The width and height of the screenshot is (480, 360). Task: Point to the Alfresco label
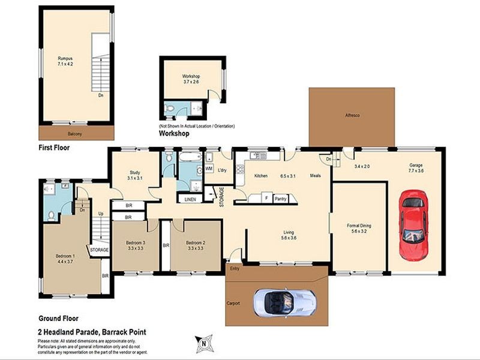[352, 115]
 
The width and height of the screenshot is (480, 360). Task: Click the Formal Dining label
[359, 226]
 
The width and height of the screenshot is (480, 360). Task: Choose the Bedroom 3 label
[136, 242]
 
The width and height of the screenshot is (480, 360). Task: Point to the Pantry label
[281, 198]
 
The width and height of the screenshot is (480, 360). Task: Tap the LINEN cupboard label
[190, 199]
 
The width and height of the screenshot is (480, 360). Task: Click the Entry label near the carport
[235, 268]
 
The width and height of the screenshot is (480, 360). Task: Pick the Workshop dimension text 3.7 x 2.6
[191, 84]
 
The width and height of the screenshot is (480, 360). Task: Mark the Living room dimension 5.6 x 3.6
[289, 238]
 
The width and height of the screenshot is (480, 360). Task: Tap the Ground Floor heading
[59, 319]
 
